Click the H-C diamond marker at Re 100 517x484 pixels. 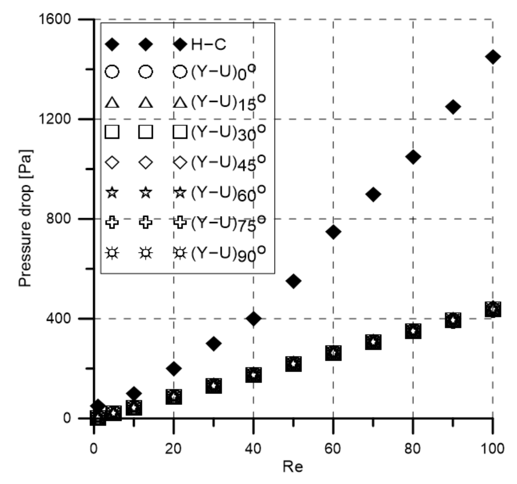[x=493, y=57]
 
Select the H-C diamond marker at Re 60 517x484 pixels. [x=333, y=232]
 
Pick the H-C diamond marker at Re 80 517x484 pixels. [x=413, y=157]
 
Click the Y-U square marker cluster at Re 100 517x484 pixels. [x=493, y=309]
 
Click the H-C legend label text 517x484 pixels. [x=209, y=45]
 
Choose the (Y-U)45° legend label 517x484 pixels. [x=228, y=163]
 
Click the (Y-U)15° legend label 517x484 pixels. [x=228, y=103]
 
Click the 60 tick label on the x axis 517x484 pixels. [x=333, y=449]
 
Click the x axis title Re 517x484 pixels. [x=293, y=467]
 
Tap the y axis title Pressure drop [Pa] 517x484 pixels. [x=25, y=218]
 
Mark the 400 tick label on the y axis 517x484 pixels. [x=58, y=318]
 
